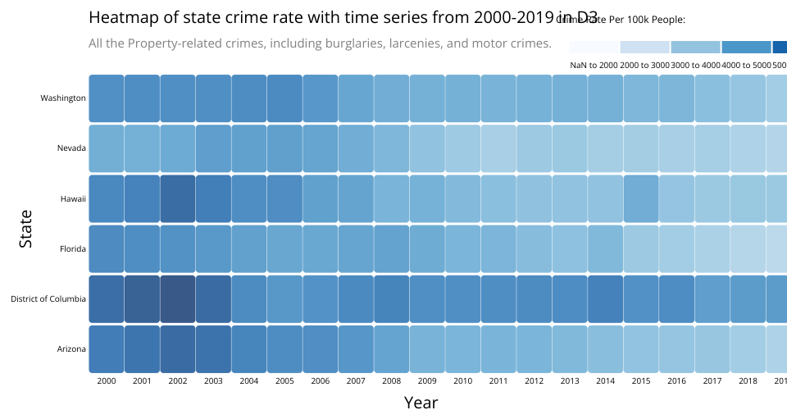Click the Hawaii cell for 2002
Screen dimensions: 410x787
[178, 198]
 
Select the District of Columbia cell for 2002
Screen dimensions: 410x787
[178, 298]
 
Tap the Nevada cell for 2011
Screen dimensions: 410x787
[498, 148]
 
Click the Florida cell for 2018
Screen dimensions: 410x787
[748, 248]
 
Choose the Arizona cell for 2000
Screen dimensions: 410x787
[107, 348]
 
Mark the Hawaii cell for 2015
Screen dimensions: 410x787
[641, 198]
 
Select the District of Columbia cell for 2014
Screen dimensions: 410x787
[605, 298]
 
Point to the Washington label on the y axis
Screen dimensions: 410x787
[63, 98]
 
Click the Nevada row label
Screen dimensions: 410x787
[71, 148]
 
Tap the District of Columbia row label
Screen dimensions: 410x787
[48, 298]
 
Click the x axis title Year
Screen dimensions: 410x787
[421, 402]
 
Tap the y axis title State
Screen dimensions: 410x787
[26, 229]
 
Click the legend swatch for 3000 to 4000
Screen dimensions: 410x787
[695, 47]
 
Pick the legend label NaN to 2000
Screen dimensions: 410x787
[594, 64]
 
